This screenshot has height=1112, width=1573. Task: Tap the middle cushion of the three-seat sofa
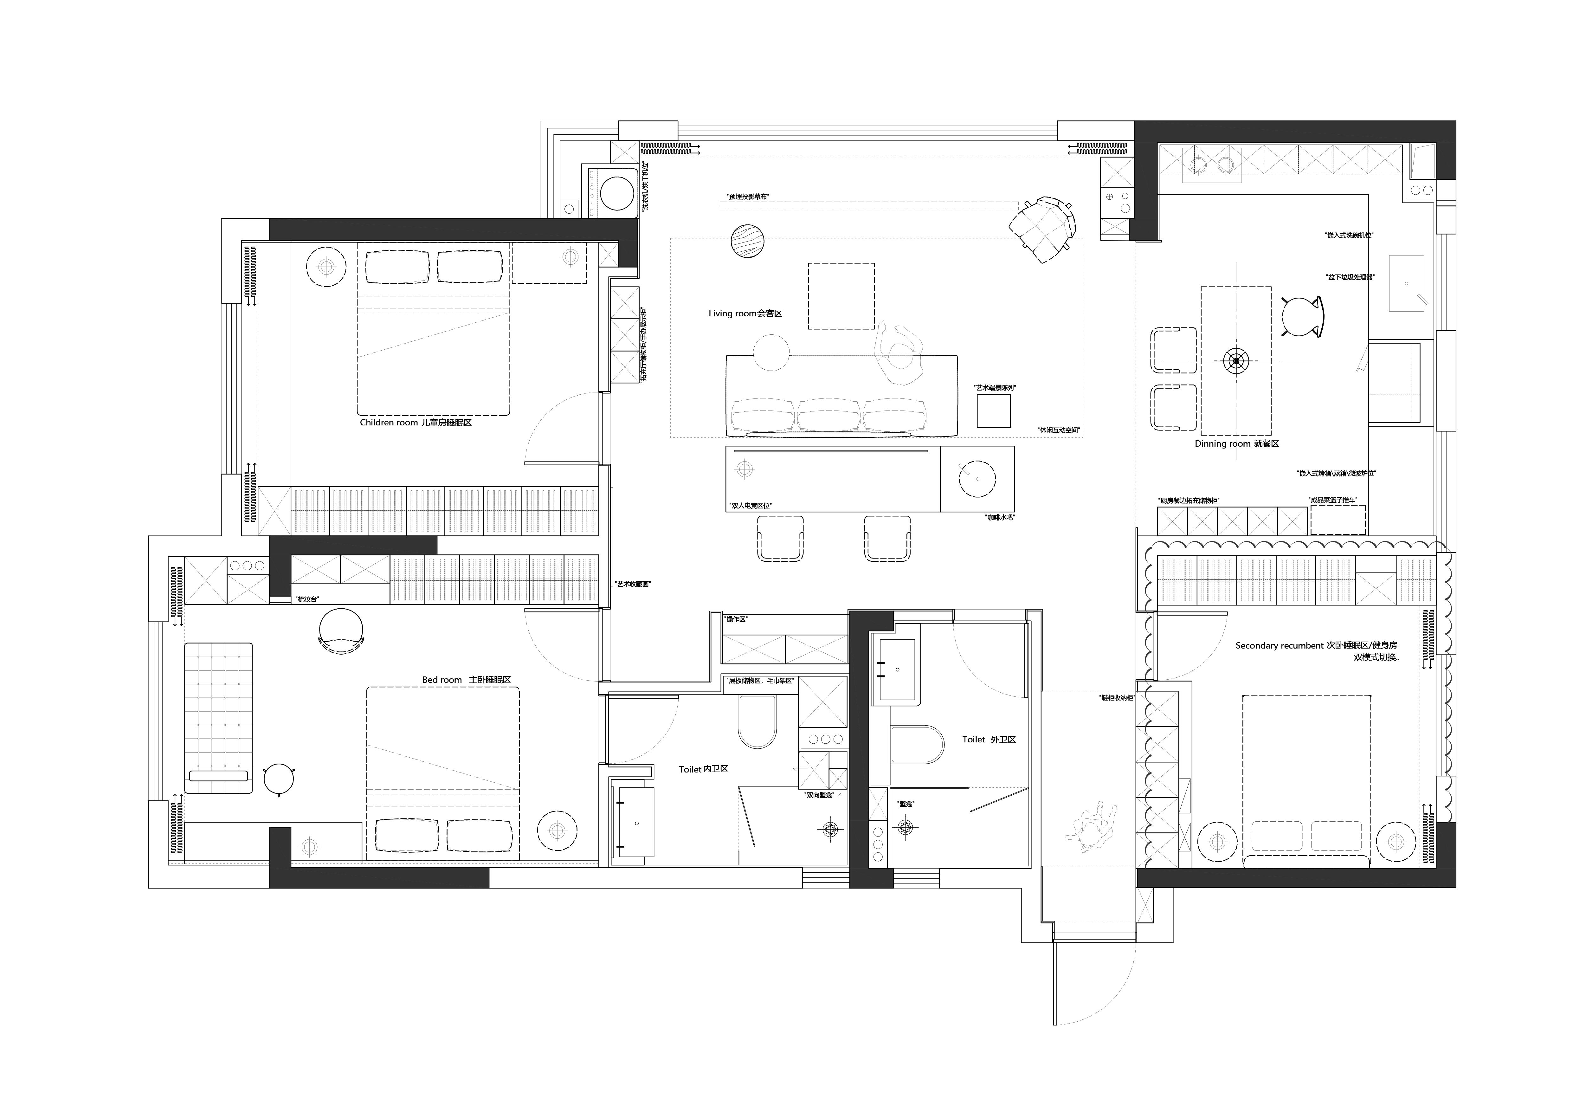pos(828,415)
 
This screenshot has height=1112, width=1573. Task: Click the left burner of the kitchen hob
pos(1198,165)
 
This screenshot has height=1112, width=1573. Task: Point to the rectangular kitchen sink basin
pos(1406,283)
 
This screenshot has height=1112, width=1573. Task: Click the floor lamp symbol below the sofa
pos(745,469)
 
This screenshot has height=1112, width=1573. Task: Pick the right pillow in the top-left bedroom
pos(469,267)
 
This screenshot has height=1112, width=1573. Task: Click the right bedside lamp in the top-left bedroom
pos(570,257)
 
